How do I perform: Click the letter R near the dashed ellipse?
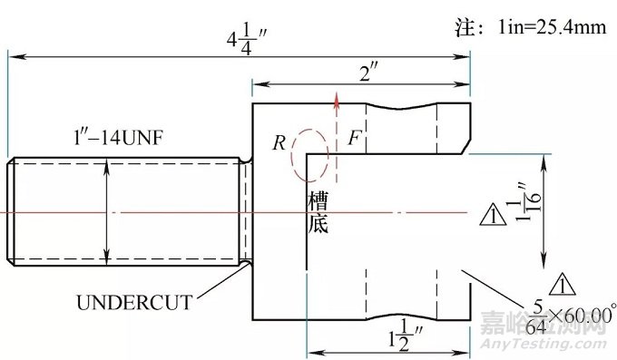tap(279, 143)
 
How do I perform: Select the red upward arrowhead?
tap(337, 95)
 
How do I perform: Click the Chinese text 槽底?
tap(318, 211)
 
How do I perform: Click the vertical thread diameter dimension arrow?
tap(108, 209)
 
